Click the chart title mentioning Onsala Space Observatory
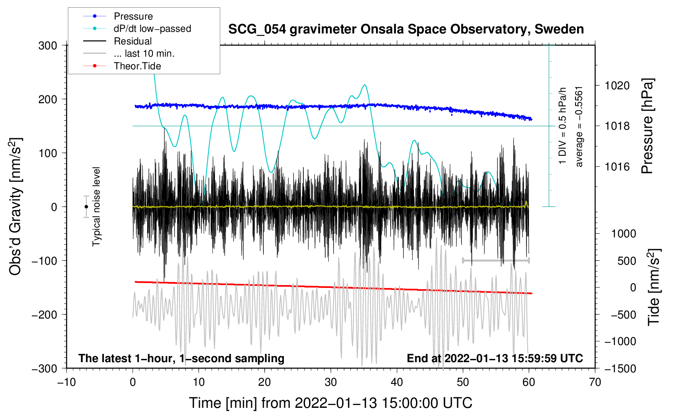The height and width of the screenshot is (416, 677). [x=406, y=29]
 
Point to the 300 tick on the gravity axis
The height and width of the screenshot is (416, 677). [x=48, y=45]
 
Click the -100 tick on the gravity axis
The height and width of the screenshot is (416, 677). [x=45, y=261]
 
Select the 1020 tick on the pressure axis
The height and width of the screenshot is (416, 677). [x=617, y=86]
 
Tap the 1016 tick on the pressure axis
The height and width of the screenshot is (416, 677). [x=617, y=166]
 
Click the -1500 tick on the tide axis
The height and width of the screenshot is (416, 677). [x=620, y=368]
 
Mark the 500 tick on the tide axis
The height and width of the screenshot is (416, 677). [x=626, y=261]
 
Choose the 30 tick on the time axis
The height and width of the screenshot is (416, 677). [x=331, y=382]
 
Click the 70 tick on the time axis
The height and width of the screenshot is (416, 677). [x=595, y=382]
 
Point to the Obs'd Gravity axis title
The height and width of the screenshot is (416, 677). [x=15, y=206]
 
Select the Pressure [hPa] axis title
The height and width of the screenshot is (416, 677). [x=647, y=126]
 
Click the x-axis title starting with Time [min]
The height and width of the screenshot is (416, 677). [x=331, y=403]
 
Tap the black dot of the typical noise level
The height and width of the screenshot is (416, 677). [x=86, y=207]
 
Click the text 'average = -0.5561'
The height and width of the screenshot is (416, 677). [x=579, y=126]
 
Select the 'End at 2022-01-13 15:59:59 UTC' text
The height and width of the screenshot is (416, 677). [x=495, y=358]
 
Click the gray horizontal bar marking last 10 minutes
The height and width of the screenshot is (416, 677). [x=496, y=260]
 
